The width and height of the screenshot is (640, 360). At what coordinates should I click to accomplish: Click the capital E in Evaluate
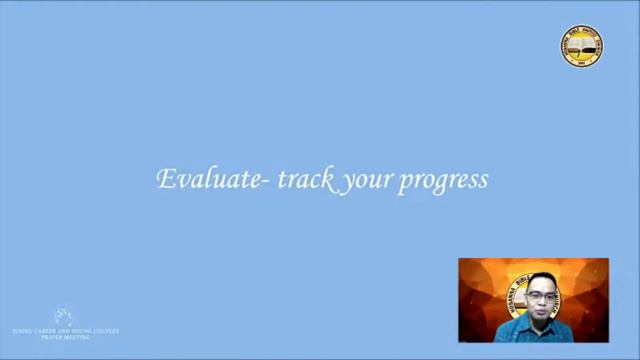pyautogui.click(x=165, y=180)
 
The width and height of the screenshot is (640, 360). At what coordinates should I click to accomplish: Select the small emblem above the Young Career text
pyautogui.click(x=63, y=316)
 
